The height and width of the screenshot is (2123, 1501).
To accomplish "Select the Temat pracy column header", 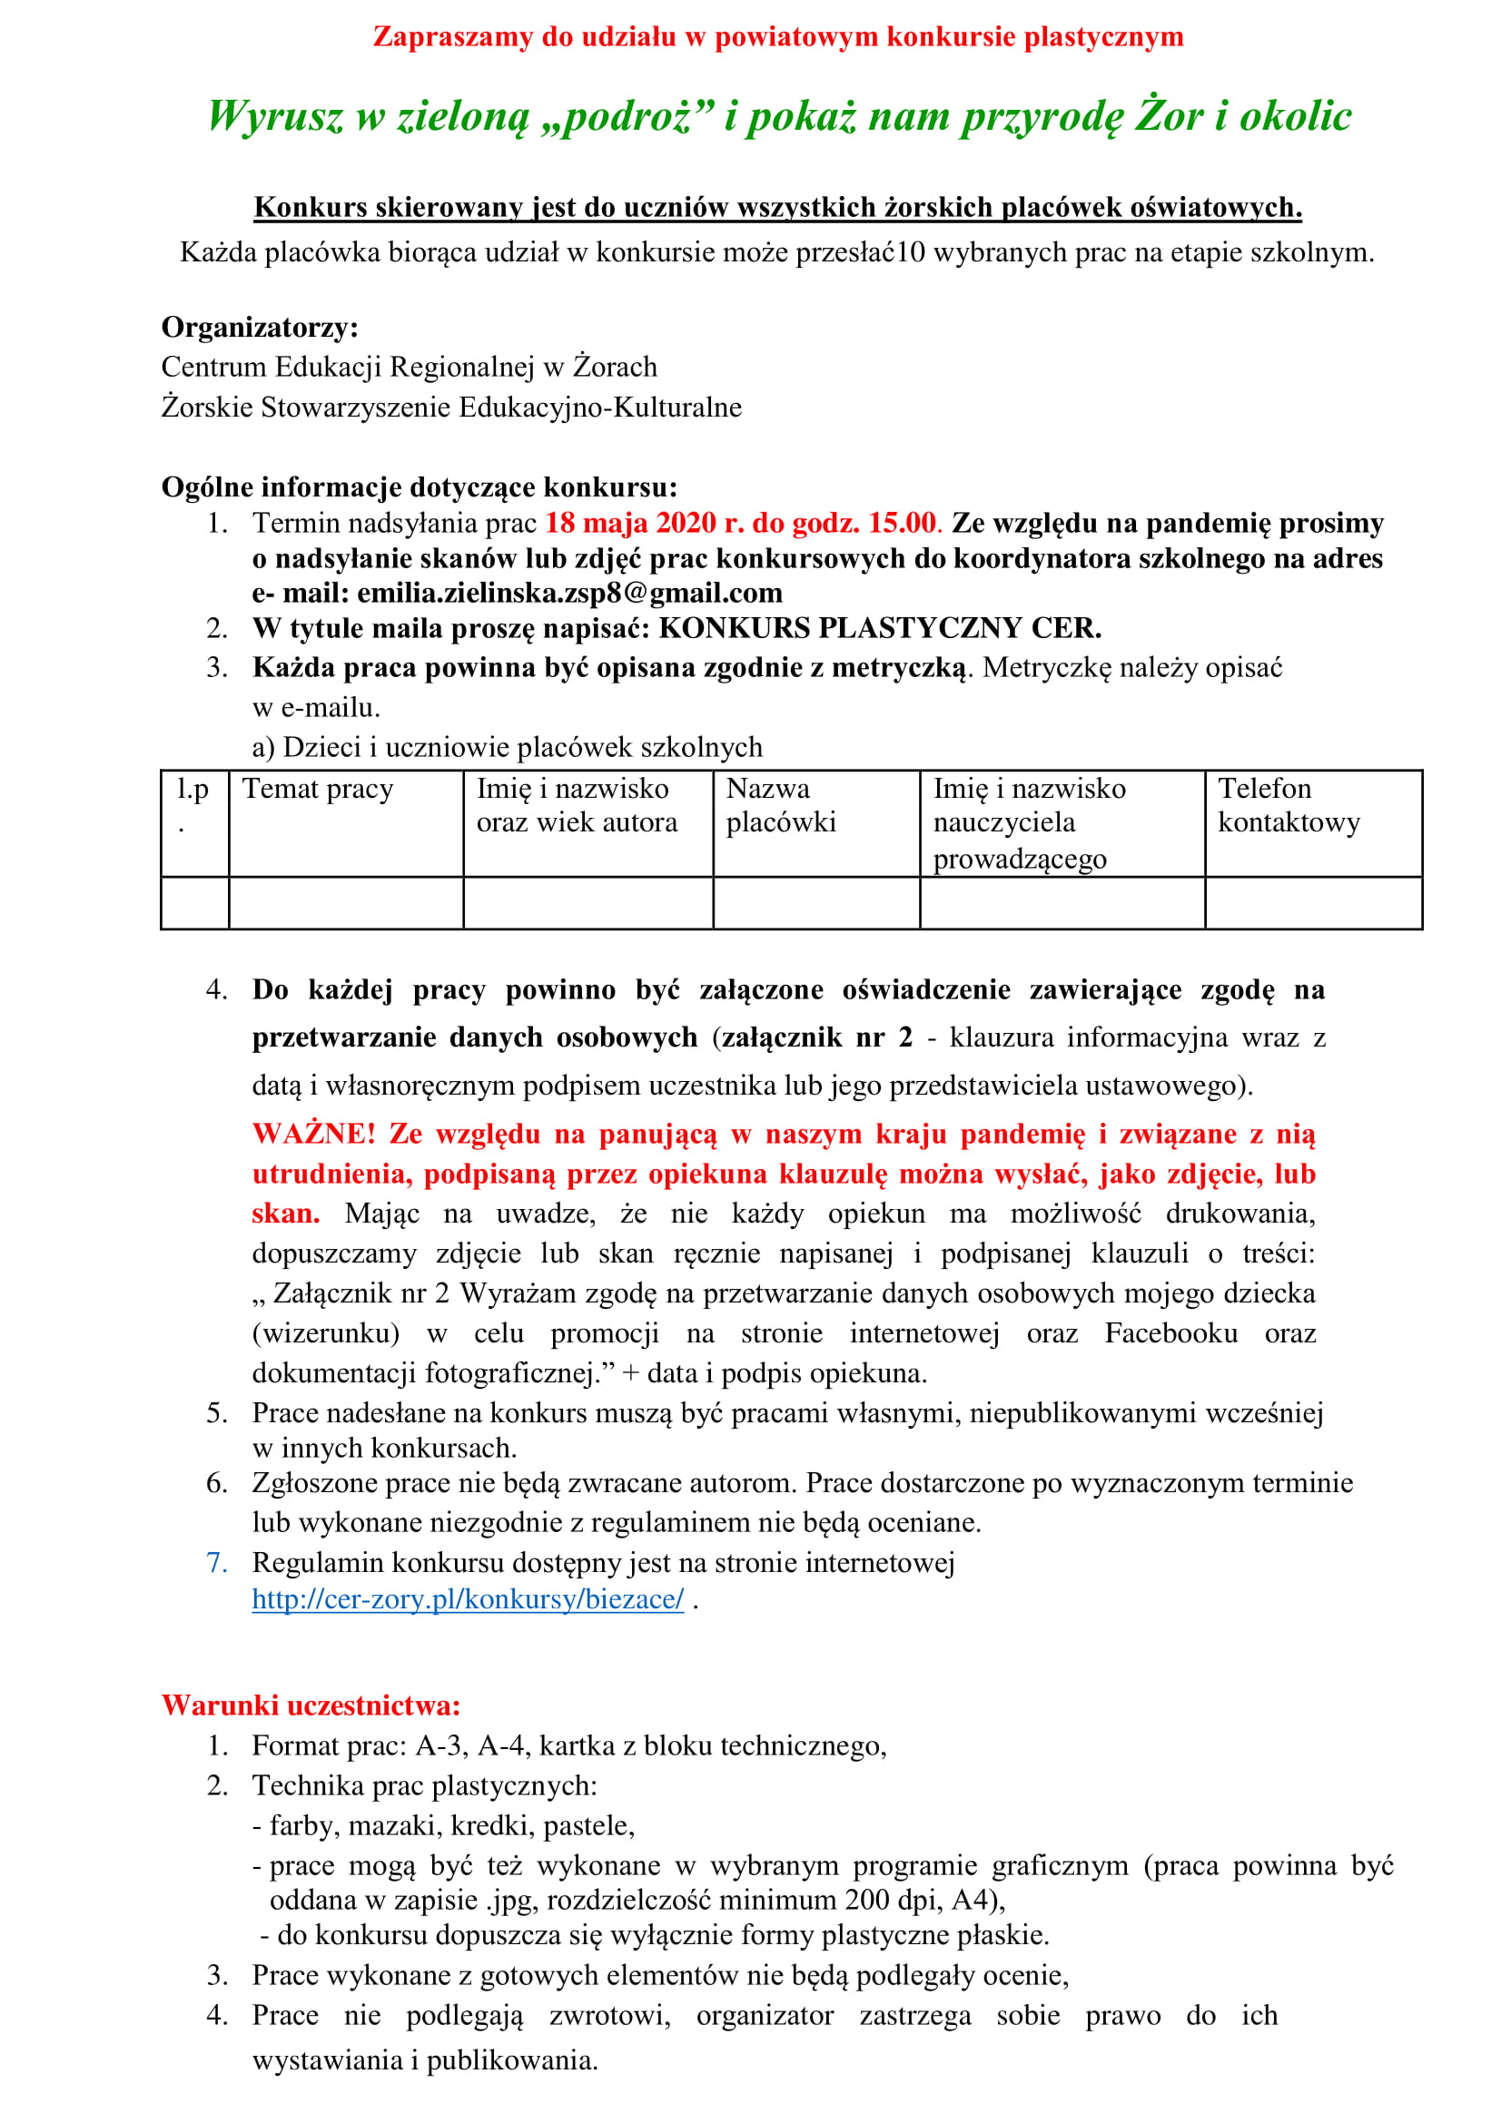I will click(318, 789).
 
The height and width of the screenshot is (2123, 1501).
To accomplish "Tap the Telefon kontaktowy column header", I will click(1289, 805).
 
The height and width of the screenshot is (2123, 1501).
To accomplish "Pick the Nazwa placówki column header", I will click(781, 805).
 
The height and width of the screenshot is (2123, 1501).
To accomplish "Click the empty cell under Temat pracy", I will click(346, 902).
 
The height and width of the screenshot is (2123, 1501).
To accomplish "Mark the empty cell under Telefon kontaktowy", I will click(1313, 902).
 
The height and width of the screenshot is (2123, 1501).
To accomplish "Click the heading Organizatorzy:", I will click(260, 328).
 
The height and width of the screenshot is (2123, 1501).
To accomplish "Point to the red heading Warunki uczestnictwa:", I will click(311, 1705).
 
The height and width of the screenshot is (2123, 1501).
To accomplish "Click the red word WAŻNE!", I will click(314, 1134).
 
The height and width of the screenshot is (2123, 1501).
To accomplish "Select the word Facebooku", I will click(1170, 1333).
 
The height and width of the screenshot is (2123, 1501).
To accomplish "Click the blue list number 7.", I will click(216, 1563).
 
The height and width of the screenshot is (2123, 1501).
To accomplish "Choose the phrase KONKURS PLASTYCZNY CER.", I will click(880, 629).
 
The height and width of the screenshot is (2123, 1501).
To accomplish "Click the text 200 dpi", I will click(889, 1900).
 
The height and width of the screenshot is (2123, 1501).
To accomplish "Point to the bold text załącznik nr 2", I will click(816, 1037).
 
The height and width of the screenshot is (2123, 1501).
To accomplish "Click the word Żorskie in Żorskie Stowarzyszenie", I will click(207, 408).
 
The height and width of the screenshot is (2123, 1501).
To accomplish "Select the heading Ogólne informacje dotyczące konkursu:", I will click(419, 487).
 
